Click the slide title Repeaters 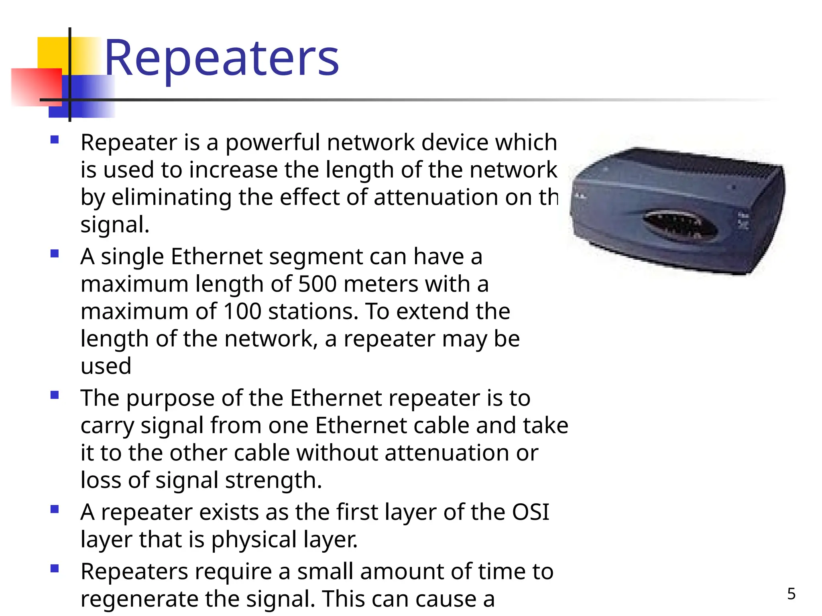point(221,58)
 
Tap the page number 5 point(791,594)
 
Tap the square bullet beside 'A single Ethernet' point(55,253)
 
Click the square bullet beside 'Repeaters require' point(55,568)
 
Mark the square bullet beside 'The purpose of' point(55,395)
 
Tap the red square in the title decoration point(36,86)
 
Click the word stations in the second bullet point(313,311)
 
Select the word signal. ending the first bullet point(115,225)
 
